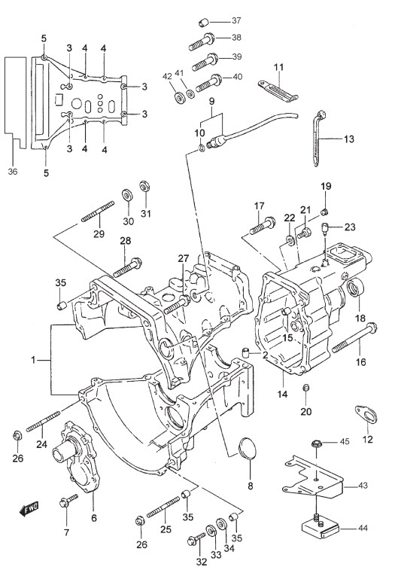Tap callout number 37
(x=236, y=20)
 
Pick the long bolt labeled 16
(x=354, y=339)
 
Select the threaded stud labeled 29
(x=98, y=212)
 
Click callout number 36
(x=13, y=172)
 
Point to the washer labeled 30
(x=128, y=195)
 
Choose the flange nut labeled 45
(x=317, y=443)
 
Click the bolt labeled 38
(x=202, y=42)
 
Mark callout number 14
(x=282, y=395)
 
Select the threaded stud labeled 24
(x=43, y=422)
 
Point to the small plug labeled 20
(x=305, y=388)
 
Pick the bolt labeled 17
(x=263, y=226)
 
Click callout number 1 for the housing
(x=34, y=359)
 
